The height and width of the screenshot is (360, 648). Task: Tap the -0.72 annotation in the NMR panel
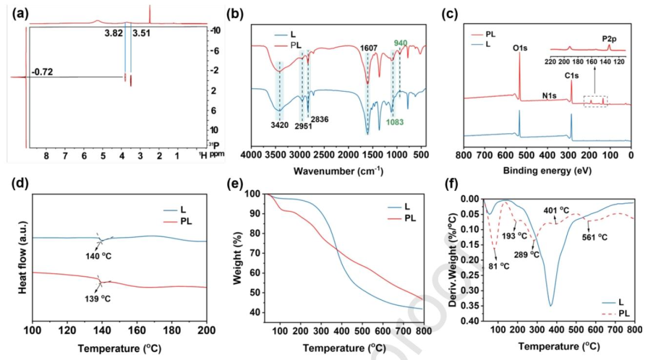tap(42, 73)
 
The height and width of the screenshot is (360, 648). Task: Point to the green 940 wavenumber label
tap(400, 43)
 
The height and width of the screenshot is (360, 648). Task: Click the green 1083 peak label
tap(394, 122)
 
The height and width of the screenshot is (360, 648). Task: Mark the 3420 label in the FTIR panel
tap(280, 125)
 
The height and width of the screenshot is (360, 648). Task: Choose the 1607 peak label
tap(368, 49)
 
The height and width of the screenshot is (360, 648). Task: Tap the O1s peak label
tap(520, 48)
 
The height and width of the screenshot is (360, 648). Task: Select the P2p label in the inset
tap(610, 39)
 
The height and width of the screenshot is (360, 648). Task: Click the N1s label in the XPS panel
tap(549, 96)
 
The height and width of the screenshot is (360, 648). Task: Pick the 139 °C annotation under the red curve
tap(98, 298)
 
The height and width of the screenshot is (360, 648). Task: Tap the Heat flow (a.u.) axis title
tap(22, 257)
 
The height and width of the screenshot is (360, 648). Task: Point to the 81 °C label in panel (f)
tap(499, 266)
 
